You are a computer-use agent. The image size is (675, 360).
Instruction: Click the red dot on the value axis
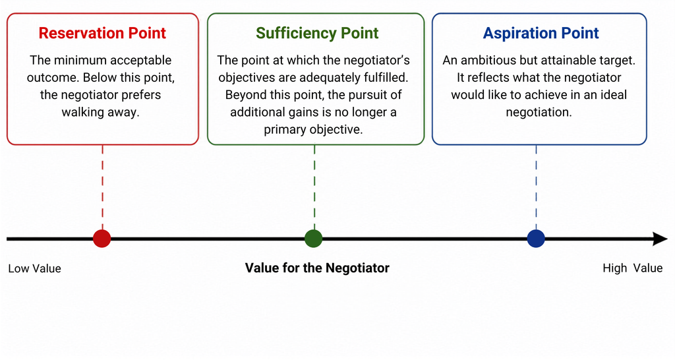click(x=102, y=239)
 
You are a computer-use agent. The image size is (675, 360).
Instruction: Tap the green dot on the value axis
click(x=313, y=239)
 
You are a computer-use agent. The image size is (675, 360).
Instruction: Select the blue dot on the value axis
click(x=536, y=239)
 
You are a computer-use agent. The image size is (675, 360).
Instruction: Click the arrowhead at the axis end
click(x=660, y=239)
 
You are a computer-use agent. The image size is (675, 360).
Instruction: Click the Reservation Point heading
click(x=102, y=33)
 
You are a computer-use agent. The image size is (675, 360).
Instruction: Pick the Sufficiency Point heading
click(x=317, y=33)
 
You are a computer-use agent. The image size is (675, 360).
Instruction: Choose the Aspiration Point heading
click(x=541, y=33)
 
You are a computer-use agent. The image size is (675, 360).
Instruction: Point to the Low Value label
click(x=34, y=268)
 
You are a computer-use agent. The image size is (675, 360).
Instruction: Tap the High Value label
click(x=632, y=268)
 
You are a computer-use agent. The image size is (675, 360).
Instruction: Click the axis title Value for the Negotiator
click(x=317, y=268)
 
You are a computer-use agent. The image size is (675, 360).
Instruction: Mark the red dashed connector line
click(x=102, y=187)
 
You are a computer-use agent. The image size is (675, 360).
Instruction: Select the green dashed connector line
click(x=314, y=187)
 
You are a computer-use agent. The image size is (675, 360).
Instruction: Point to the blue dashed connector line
click(x=536, y=187)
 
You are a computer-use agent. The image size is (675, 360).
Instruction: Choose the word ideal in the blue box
click(x=614, y=95)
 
